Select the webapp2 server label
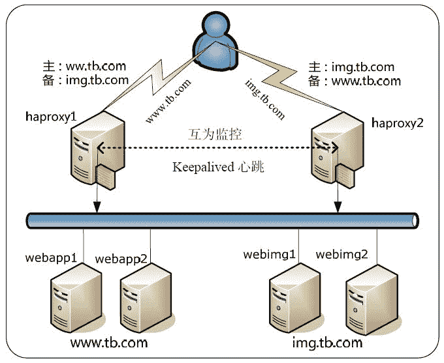(121, 259)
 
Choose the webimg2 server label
(341, 254)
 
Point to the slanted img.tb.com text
(264, 98)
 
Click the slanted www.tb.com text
(168, 101)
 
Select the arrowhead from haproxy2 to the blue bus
(338, 208)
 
